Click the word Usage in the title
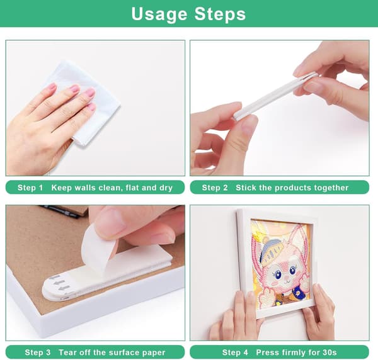(x=159, y=14)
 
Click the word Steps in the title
(x=220, y=13)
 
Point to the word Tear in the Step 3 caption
(x=66, y=352)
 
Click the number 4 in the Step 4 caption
(x=246, y=352)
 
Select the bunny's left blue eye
(x=278, y=274)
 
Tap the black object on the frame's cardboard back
(x=59, y=211)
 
